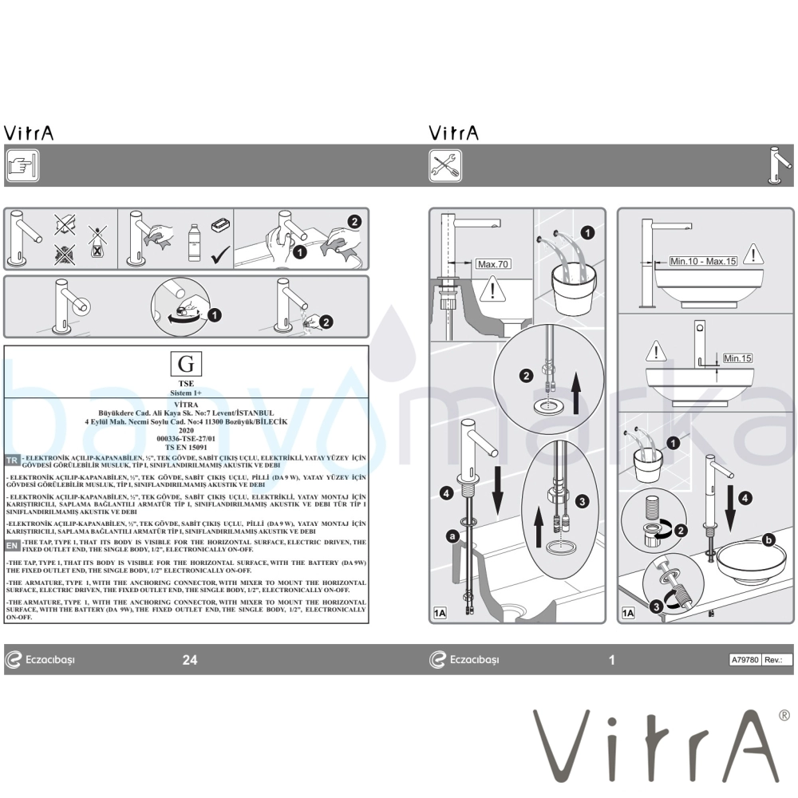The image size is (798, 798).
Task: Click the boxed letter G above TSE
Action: click(x=186, y=365)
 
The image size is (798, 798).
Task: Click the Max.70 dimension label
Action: click(x=492, y=264)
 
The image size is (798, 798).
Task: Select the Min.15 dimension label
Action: click(x=737, y=358)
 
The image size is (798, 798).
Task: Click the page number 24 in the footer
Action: click(x=190, y=659)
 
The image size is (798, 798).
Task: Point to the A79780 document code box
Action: click(x=745, y=660)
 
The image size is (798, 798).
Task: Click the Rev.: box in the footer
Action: click(x=777, y=660)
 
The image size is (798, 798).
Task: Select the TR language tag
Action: click(x=12, y=460)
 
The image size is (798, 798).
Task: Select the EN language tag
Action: click(x=12, y=545)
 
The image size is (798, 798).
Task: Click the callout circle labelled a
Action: click(x=452, y=537)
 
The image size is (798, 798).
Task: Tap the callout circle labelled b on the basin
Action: click(x=768, y=540)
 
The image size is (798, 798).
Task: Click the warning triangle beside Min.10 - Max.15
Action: click(x=751, y=255)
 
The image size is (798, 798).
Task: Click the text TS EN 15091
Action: click(x=186, y=448)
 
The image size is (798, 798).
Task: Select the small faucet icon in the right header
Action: click(x=780, y=165)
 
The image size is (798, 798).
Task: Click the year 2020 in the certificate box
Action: click(x=186, y=429)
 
